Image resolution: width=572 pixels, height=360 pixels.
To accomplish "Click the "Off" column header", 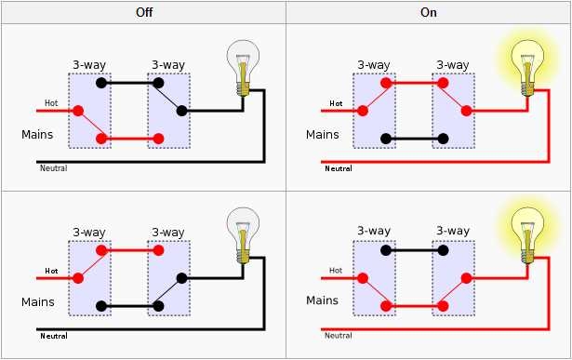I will coord(142,13).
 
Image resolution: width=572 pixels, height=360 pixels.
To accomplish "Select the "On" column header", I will coord(429,13).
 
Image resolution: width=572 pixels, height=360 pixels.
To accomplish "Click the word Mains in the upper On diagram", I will coord(322,135).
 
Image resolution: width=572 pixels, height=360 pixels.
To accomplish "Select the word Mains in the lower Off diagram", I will coord(38,302).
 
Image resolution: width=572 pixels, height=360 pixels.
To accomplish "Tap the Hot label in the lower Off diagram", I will coord(52,272).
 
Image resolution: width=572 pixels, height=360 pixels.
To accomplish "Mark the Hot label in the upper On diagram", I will coord(336,103).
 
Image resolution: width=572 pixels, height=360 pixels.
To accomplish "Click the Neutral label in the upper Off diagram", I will coord(53,168).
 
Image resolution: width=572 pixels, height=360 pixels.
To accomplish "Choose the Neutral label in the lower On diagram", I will coord(338,336).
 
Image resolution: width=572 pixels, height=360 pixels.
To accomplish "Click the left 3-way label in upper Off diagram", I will coord(88,64).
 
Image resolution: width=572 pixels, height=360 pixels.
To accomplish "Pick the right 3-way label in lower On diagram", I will coord(452,231).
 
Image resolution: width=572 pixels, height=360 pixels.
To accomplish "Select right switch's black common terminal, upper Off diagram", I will coord(182,111).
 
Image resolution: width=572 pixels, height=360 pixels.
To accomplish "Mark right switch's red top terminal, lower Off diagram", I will coord(159,249).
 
